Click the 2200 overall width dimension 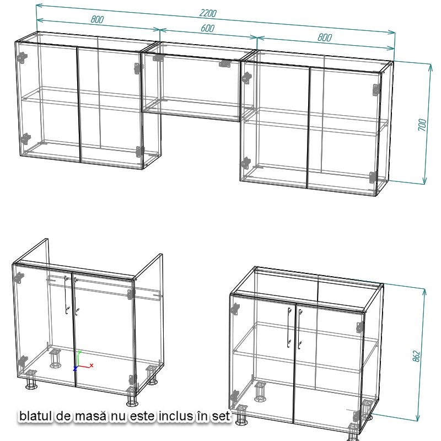click(208, 13)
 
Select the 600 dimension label click(208, 28)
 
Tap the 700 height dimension click(422, 125)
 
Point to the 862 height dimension click(417, 356)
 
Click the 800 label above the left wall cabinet click(98, 19)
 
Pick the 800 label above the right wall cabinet click(325, 37)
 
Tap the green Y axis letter click(79, 352)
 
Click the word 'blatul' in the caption click(36, 416)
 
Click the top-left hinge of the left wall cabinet click(22, 58)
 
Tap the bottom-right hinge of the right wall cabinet click(374, 178)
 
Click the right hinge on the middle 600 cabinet click(225, 63)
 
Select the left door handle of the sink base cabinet click(66, 295)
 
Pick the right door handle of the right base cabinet click(300, 329)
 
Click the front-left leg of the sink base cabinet click(31, 379)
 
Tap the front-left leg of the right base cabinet click(241, 415)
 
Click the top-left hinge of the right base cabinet click(235, 309)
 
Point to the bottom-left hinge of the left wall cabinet click(25, 139)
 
